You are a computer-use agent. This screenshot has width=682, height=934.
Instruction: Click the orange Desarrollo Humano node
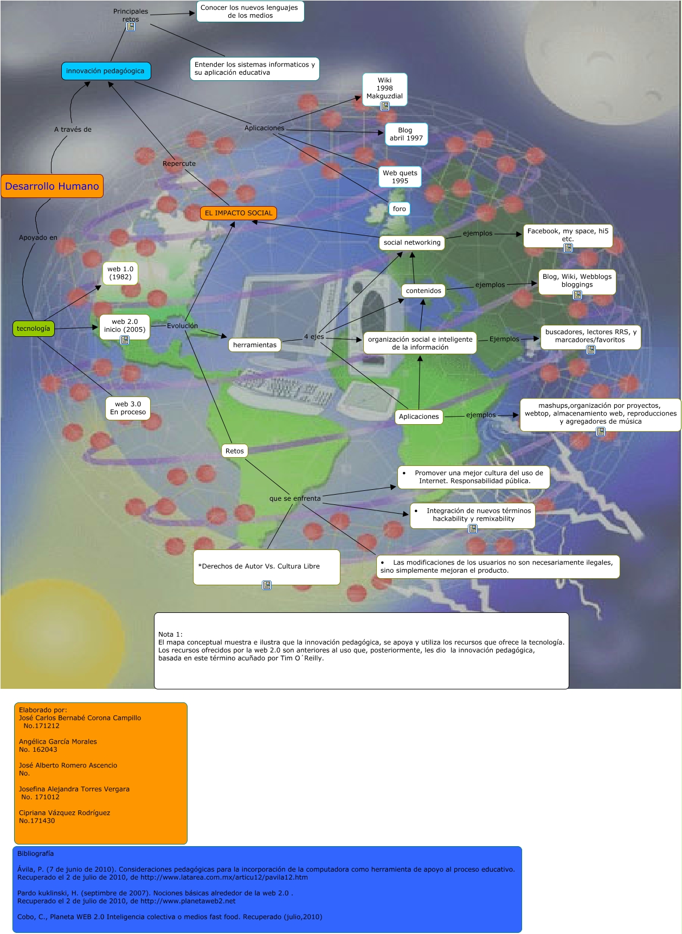click(52, 186)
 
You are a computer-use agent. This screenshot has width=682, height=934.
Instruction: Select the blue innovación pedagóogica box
click(106, 71)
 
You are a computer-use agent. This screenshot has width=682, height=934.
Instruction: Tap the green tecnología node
click(33, 329)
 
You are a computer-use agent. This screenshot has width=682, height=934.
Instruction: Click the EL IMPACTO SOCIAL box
click(239, 213)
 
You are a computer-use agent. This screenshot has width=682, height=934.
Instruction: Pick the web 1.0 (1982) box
click(120, 273)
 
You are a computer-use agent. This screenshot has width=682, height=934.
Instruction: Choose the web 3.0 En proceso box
click(128, 408)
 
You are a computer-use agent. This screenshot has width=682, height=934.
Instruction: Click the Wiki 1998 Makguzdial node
click(384, 88)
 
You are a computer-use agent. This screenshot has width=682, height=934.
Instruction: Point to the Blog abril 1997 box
click(406, 134)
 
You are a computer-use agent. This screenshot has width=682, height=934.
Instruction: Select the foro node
click(399, 209)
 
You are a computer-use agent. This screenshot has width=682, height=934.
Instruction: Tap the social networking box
click(412, 242)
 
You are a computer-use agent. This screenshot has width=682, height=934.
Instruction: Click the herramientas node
click(255, 345)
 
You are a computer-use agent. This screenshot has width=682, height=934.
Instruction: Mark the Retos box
click(235, 451)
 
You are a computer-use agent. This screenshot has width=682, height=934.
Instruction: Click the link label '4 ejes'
click(314, 337)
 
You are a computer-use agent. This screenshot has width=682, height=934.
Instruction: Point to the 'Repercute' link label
click(179, 164)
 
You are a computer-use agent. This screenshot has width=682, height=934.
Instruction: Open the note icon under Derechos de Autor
click(267, 585)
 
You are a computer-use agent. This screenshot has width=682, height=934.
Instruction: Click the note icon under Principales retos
click(131, 27)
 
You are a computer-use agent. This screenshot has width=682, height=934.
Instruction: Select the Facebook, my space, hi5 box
click(568, 235)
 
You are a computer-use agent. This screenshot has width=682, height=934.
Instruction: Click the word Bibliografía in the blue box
click(36, 854)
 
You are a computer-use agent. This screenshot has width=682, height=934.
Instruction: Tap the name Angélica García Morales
click(58, 741)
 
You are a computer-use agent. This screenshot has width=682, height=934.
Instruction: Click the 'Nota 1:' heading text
click(170, 634)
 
